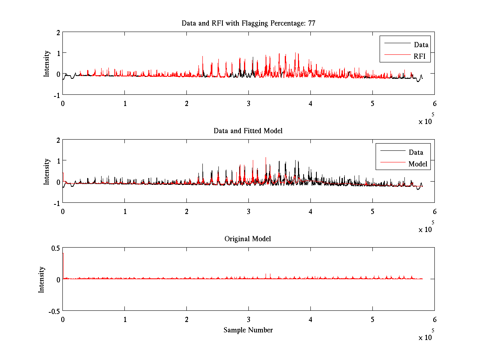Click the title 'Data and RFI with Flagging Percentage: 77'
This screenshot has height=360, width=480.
click(x=248, y=23)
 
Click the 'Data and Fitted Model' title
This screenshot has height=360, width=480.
click(x=248, y=131)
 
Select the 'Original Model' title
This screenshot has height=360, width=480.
click(x=248, y=239)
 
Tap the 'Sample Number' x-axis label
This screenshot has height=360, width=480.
click(x=248, y=330)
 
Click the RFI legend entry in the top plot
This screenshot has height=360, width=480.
click(x=422, y=57)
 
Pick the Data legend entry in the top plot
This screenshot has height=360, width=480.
click(x=421, y=45)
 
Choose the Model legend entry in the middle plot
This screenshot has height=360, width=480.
click(x=418, y=164)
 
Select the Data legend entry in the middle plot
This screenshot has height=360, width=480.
click(x=416, y=152)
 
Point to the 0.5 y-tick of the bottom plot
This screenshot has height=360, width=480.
click(x=55, y=248)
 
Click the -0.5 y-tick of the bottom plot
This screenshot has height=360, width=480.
click(x=54, y=311)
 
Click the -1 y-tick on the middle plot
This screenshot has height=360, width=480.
click(x=57, y=203)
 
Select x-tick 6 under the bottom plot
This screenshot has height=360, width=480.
click(x=434, y=320)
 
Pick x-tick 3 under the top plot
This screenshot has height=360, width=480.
click(x=248, y=103)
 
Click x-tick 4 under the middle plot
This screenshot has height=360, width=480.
click(x=310, y=211)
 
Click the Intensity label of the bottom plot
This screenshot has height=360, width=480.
click(x=42, y=280)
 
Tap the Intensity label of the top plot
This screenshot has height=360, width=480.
click(x=47, y=63)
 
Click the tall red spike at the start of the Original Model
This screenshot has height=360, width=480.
click(x=63, y=264)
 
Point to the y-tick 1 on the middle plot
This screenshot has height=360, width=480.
click(x=58, y=161)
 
